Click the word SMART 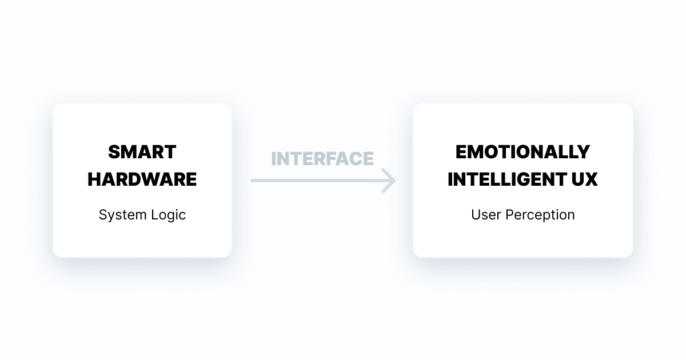(142, 152)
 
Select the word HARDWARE (142, 179)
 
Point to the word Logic (168, 215)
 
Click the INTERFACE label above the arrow (322, 159)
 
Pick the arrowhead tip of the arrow (394, 181)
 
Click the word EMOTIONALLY (523, 152)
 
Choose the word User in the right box (484, 215)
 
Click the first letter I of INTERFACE (274, 159)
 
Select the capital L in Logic (154, 215)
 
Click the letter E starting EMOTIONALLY (461, 152)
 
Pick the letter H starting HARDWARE (94, 179)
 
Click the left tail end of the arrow (253, 181)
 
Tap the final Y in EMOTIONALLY (583, 152)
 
